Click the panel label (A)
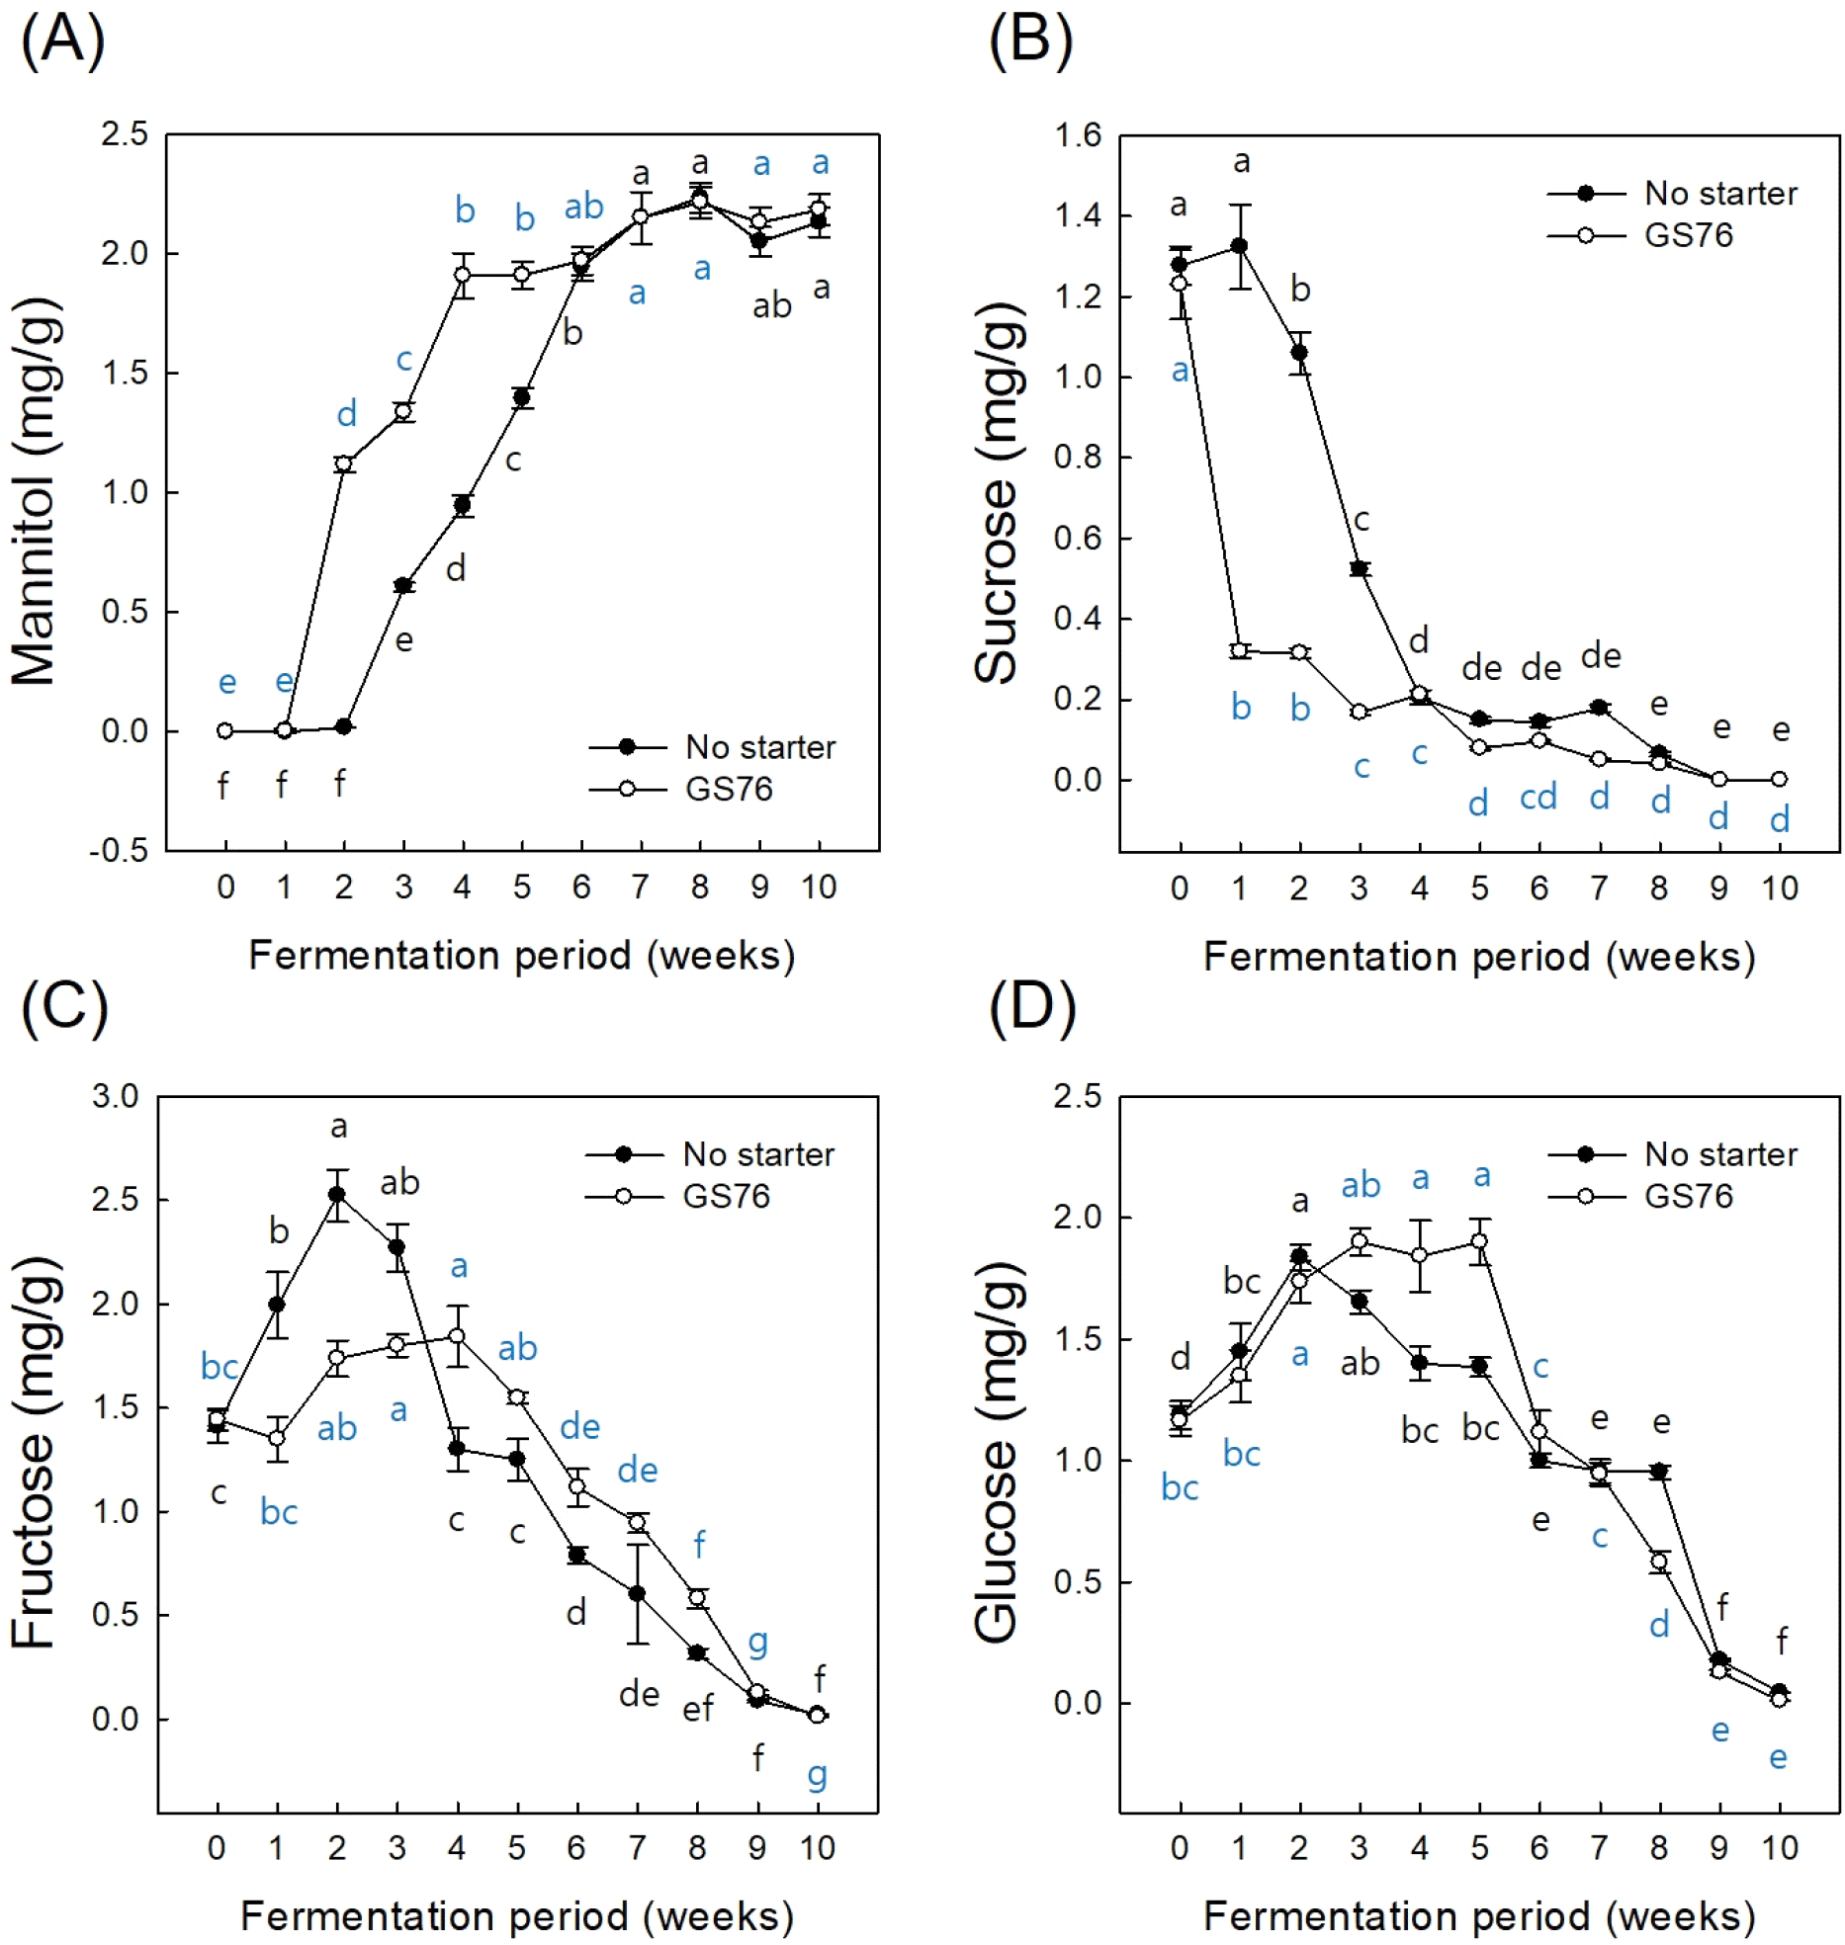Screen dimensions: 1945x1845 [x=61, y=42]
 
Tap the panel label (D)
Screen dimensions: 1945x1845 [x=1031, y=1009]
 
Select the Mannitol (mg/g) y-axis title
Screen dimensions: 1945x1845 [x=35, y=491]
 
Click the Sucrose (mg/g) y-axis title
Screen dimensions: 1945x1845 [x=996, y=491]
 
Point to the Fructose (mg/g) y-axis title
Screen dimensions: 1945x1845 [x=35, y=1454]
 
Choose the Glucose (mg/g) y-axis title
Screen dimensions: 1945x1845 [x=996, y=1454]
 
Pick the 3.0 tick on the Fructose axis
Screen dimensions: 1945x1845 [x=116, y=1096]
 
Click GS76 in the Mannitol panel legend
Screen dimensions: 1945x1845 [x=729, y=789]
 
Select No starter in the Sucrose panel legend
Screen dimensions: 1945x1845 [x=1720, y=194]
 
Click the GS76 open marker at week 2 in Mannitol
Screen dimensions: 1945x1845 [x=343, y=464]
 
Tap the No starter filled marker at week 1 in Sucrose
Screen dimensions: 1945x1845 [x=1240, y=246]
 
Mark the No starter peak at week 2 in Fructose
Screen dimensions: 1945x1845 [x=337, y=1194]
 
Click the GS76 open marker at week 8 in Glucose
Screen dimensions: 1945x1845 [x=1659, y=1562]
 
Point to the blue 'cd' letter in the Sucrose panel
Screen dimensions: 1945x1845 [x=1538, y=797]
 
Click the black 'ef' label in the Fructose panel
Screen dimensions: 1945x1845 [x=697, y=1709]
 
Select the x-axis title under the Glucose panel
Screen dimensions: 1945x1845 [x=1479, y=1916]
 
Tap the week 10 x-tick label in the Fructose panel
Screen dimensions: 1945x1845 [x=818, y=1847]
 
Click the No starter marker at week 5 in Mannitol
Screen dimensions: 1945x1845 [x=522, y=398]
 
